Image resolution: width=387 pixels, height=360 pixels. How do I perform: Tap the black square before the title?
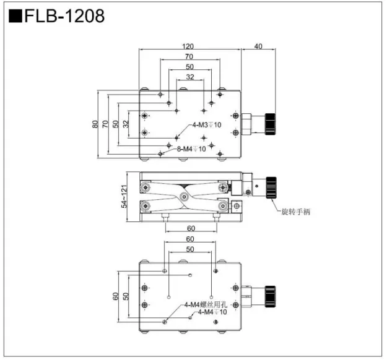tap(15, 15)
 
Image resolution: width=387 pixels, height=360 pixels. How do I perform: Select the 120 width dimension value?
tap(189, 46)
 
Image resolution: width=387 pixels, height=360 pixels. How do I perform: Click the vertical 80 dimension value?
tap(95, 124)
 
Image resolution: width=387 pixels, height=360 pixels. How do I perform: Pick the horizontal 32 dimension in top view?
tap(189, 77)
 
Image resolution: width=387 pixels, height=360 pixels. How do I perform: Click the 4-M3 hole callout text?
tap(206, 124)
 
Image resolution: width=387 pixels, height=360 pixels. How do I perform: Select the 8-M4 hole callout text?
tap(191, 148)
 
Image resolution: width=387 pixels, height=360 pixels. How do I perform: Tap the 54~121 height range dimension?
tap(124, 195)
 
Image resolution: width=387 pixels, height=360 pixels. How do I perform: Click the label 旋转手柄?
tap(295, 212)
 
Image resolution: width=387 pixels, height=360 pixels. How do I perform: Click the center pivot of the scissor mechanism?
tap(184, 197)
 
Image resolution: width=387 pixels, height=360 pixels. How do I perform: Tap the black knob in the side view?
tap(271, 187)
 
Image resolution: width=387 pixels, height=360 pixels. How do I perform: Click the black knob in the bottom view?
tap(271, 296)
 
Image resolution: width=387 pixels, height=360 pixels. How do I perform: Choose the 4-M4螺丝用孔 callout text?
tap(206, 304)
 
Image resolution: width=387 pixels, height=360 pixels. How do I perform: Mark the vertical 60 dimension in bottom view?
tap(115, 296)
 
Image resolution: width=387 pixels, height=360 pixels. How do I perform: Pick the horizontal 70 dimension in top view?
tap(189, 57)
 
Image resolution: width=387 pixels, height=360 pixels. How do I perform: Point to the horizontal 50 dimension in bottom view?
tap(189, 249)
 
